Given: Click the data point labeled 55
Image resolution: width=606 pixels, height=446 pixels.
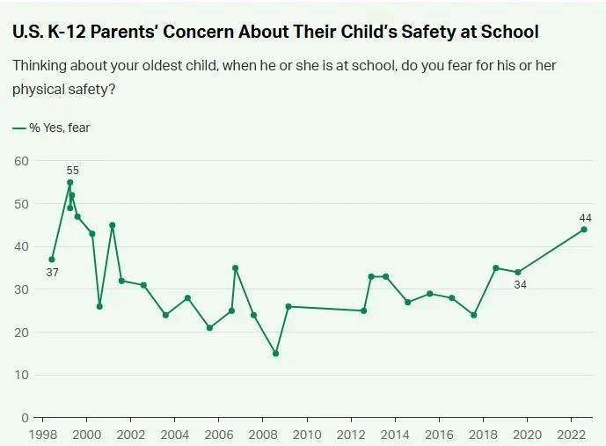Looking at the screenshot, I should tap(70, 182).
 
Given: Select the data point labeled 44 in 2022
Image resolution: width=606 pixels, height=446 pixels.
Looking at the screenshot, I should tap(584, 230).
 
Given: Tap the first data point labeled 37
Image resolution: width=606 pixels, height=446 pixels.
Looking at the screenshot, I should tap(52, 260).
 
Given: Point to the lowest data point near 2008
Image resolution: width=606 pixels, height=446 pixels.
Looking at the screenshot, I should tap(275, 354).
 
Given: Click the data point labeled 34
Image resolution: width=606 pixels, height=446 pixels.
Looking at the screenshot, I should tap(518, 272).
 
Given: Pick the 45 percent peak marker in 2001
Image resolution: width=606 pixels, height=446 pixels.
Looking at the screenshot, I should tap(113, 225).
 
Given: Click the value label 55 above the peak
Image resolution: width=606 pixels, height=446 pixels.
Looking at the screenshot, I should tap(72, 170).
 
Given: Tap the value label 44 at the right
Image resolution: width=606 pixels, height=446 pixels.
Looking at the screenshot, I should tap(585, 217).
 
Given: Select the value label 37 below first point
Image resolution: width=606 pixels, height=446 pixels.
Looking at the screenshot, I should tap(52, 273).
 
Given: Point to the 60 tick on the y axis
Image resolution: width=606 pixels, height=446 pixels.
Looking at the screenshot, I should tap(22, 161).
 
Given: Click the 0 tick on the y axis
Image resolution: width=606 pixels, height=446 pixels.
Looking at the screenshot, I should tap(26, 418).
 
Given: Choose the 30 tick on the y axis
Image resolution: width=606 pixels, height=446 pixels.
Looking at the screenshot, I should tap(22, 289).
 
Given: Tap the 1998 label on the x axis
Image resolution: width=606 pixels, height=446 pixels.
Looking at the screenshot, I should tap(42, 434).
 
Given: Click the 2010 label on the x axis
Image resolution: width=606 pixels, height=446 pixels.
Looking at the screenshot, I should tap(307, 434).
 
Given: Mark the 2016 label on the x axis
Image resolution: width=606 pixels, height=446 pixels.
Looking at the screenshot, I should tap(439, 434).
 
